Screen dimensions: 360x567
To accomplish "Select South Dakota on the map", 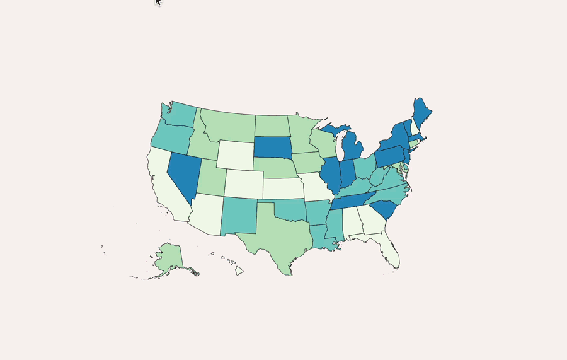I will point(273,148).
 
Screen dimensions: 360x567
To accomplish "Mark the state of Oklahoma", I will point(287,210).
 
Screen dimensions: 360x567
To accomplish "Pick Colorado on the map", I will point(243,183).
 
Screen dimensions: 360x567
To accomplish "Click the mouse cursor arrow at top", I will point(157,2).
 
